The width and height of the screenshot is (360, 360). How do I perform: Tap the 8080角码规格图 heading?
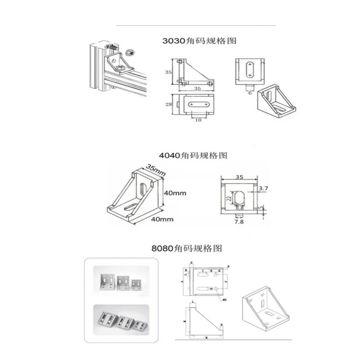point(186,248)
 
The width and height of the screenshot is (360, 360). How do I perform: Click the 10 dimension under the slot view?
point(198,120)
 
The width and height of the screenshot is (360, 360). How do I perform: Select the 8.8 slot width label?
point(239,208)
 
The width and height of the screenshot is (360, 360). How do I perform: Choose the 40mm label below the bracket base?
point(162,219)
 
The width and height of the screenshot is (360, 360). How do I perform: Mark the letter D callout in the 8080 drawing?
point(228,267)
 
